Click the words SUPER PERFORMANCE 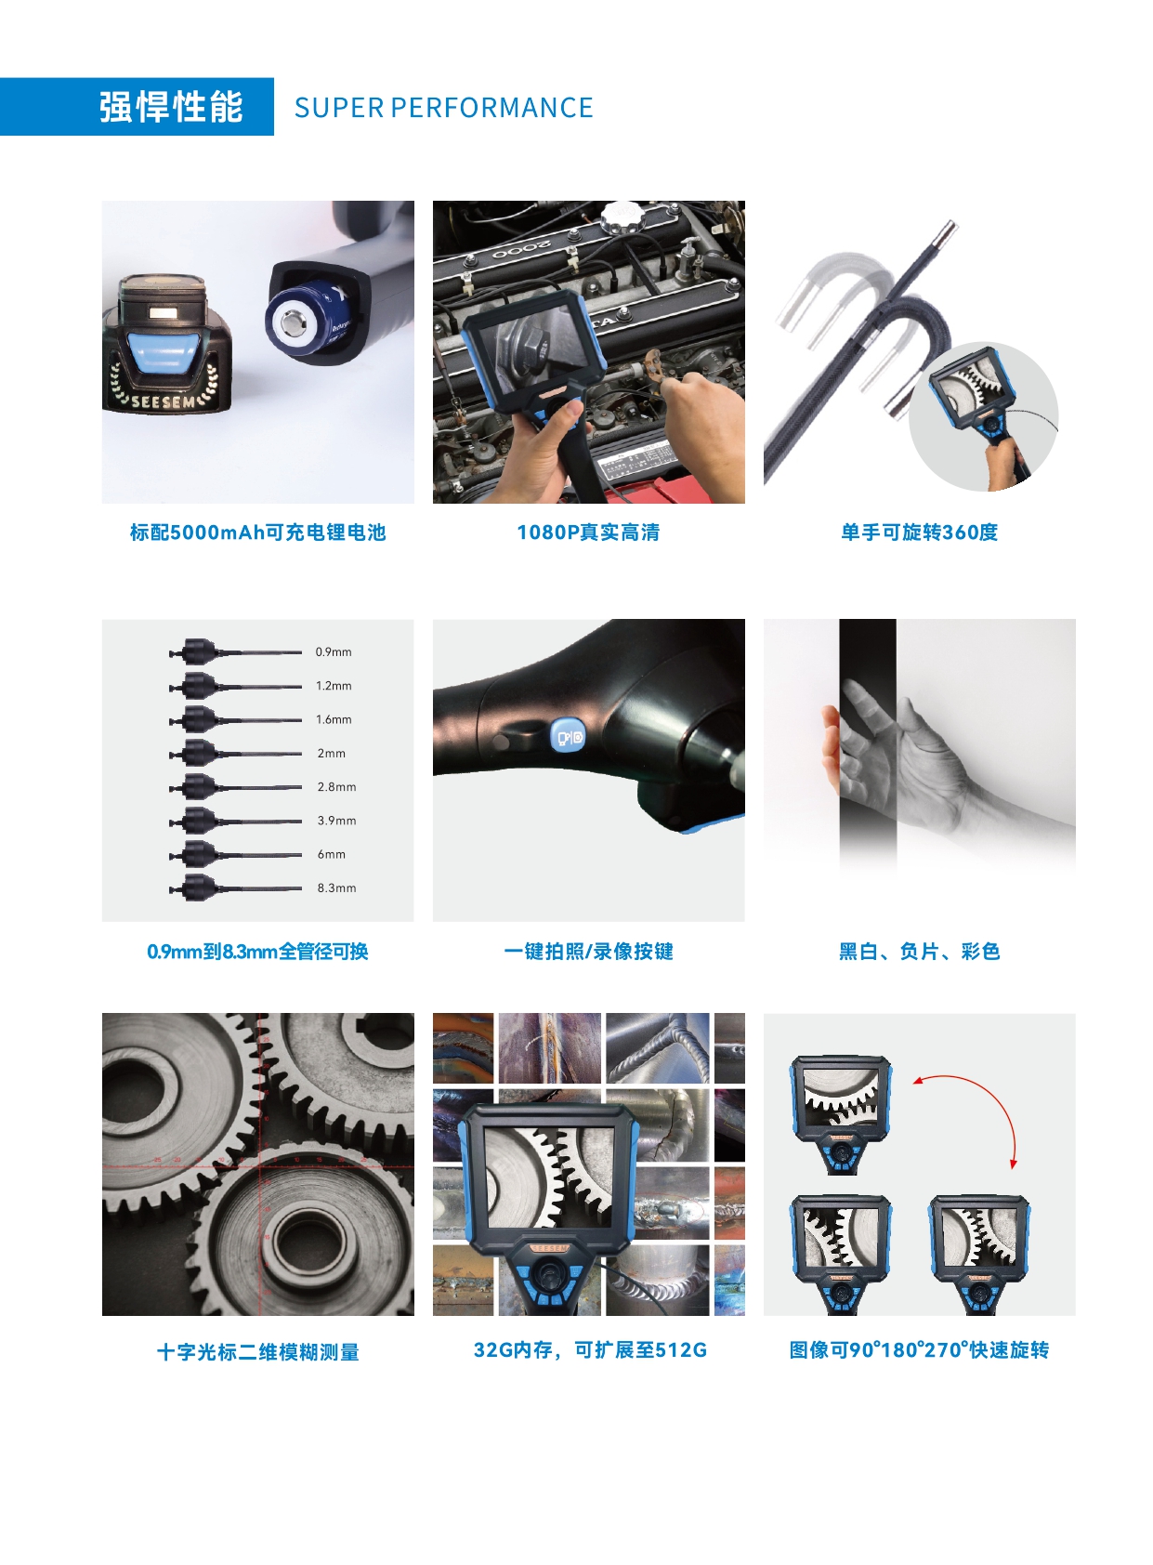coord(443,108)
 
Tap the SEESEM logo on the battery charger coord(164,401)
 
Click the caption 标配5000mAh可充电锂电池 coord(257,533)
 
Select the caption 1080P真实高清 coord(588,533)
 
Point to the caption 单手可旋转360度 coord(919,533)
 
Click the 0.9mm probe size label coord(334,652)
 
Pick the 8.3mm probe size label coord(336,888)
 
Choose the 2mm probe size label coord(331,754)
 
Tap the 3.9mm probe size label coord(336,821)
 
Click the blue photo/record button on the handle coord(568,738)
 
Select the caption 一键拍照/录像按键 coord(588,952)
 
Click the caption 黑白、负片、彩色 coord(919,952)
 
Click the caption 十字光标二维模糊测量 coord(257,1352)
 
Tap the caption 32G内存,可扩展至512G coord(590,1350)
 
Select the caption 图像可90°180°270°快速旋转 coord(919,1350)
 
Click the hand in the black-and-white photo coord(892,753)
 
